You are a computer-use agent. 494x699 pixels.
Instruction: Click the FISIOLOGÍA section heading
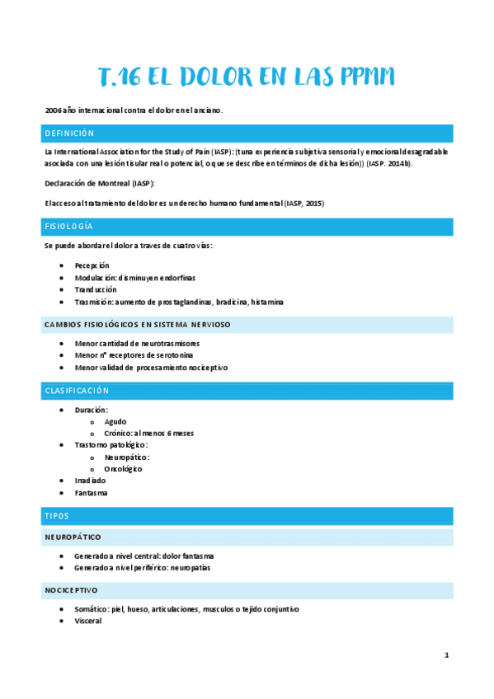68,226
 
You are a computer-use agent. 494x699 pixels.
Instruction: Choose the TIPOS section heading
59,516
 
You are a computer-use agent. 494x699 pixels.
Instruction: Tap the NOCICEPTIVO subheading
72,590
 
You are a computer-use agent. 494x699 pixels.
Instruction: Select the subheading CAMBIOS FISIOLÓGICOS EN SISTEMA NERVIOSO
137,325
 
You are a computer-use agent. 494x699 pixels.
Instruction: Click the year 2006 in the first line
54,110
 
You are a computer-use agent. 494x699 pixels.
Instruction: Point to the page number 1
446,655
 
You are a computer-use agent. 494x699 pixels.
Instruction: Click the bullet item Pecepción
92,265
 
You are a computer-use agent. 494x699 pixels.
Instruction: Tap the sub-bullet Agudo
115,421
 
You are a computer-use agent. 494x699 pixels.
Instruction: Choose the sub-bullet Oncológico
123,469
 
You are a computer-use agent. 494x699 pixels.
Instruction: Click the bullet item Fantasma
91,493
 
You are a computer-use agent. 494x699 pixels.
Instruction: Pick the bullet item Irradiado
91,481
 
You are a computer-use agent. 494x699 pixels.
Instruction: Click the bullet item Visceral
87,621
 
